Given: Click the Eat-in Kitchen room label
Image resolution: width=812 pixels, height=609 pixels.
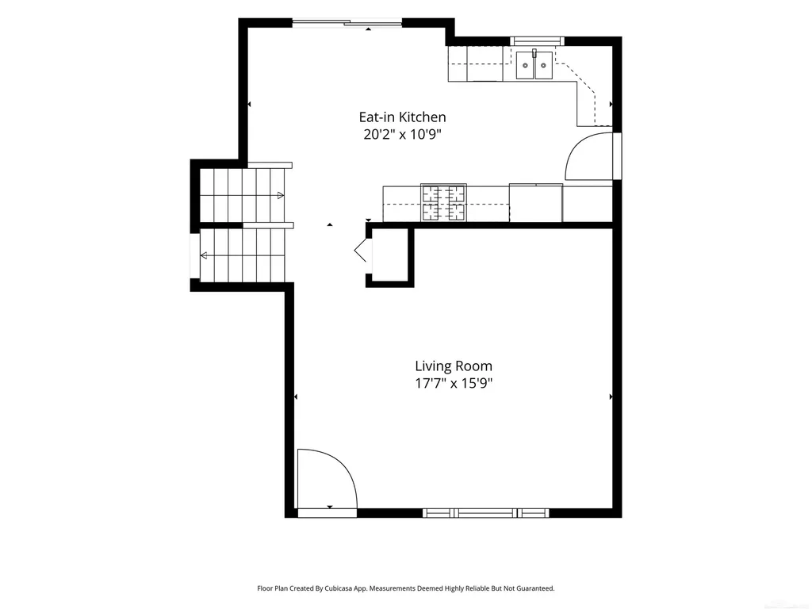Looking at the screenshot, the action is pos(402,117).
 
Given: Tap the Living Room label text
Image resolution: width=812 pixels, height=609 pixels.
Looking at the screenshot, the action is pos(454,366).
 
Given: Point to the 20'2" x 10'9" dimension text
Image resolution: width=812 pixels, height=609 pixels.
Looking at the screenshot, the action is pos(402,135).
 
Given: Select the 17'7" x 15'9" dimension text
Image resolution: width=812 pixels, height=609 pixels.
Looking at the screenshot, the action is pos(454,384).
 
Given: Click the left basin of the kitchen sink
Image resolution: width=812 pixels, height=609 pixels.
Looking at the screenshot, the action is pos(525,65).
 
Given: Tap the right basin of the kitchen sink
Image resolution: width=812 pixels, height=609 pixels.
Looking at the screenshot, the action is pos(544,65).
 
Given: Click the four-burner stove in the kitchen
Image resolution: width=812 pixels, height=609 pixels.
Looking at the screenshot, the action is pos(444,202).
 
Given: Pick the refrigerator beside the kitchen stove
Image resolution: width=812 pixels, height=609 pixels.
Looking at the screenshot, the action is pos(536,202).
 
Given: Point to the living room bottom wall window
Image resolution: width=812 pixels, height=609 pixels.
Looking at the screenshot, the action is pos(486,513).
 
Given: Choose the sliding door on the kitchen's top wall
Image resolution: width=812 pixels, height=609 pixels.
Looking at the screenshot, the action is pos(347,22).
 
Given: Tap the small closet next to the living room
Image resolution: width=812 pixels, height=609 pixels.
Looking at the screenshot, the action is pos(390,255).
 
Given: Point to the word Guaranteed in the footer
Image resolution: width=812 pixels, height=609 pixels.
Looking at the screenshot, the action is pos(536,588).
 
